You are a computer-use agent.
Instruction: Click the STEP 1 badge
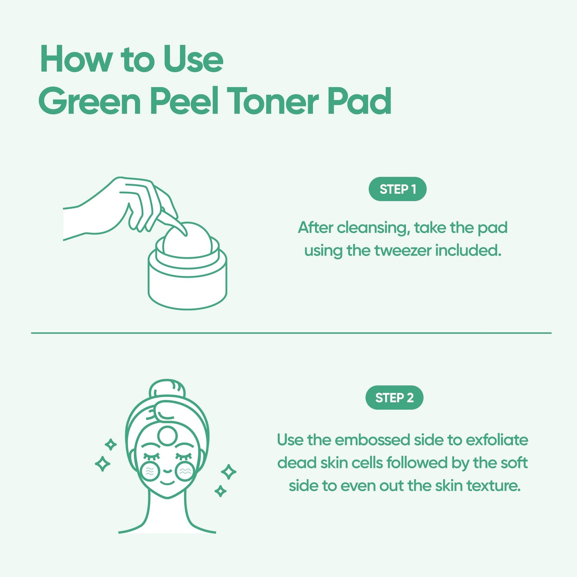click(397, 189)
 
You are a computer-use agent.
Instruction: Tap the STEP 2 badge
click(394, 398)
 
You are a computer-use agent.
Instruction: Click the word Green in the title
click(90, 101)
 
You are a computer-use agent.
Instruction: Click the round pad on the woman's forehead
click(167, 436)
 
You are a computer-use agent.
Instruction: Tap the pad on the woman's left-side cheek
click(151, 472)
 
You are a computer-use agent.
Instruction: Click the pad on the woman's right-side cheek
click(184, 472)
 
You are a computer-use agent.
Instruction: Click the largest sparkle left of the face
click(103, 464)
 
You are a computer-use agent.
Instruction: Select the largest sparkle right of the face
click(229, 472)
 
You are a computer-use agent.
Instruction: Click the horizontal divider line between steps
click(291, 333)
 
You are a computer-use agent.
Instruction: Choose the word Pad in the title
click(359, 101)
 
